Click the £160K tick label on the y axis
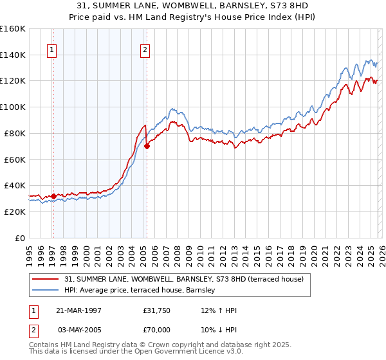point(12,29)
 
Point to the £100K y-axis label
point(12,107)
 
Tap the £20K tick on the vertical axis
point(14,212)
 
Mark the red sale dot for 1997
point(53,196)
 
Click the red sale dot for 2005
point(147,146)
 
